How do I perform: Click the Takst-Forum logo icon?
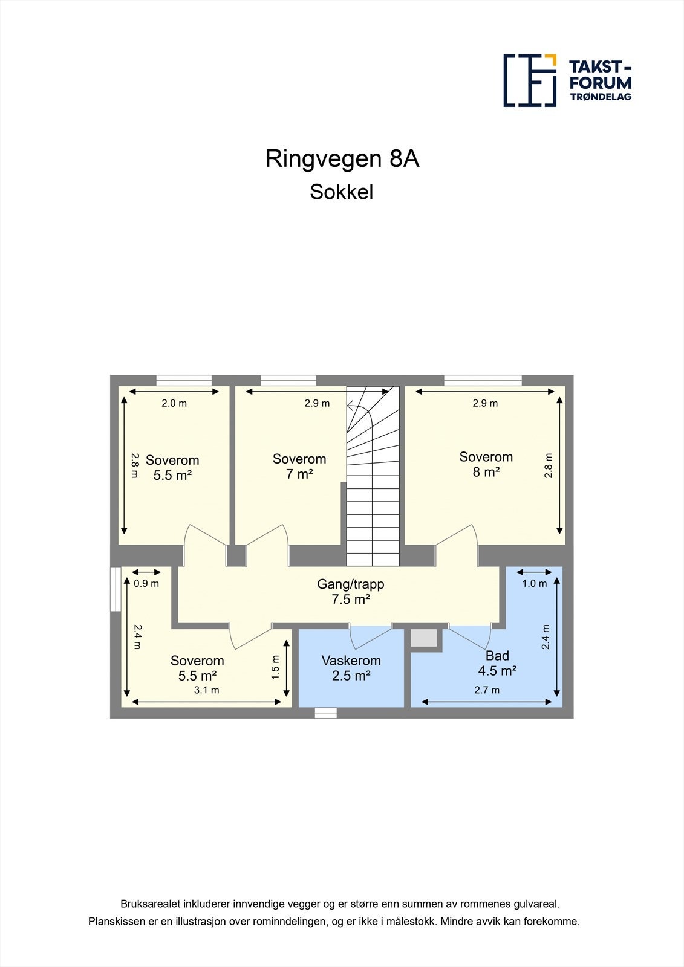point(530,80)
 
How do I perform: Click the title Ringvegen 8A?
point(342,159)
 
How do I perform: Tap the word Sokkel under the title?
point(342,192)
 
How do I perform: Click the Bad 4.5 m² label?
point(497,663)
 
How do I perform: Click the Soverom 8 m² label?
point(486,464)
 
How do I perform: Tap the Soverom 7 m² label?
point(299,466)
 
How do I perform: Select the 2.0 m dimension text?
point(174,403)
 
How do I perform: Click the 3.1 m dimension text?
point(206,690)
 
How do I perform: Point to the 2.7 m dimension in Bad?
point(487,690)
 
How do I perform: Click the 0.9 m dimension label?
point(146,583)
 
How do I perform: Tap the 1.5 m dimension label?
point(276,667)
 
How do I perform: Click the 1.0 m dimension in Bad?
point(535,583)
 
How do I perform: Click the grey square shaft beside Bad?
point(424,638)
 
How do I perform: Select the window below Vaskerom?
point(325,713)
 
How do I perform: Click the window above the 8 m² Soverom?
point(483,380)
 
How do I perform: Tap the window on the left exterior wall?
point(115,589)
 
